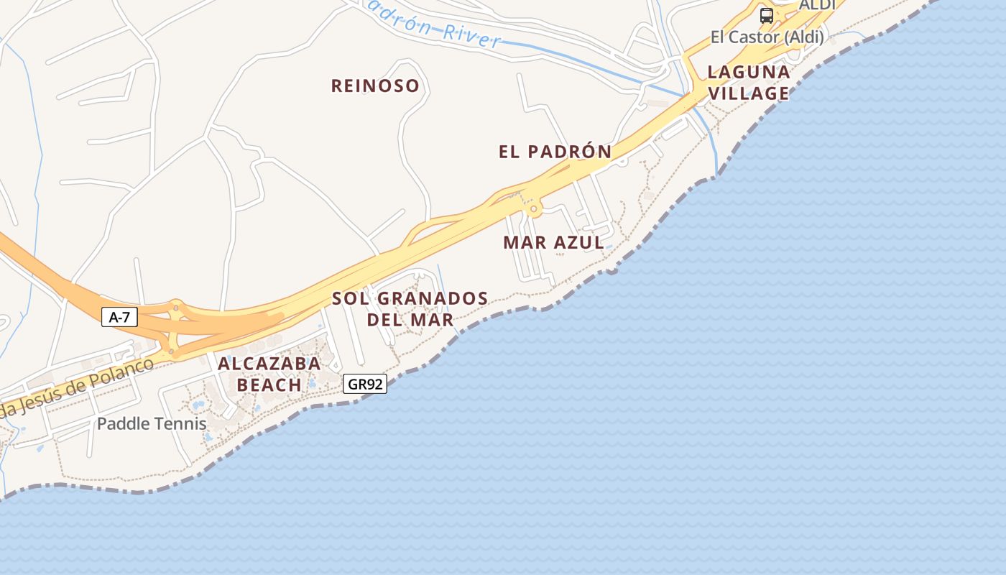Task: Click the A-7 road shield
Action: pos(119,317)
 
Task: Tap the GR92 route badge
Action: pos(365,385)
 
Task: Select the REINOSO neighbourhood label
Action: pos(375,86)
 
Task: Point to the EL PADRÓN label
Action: pos(555,152)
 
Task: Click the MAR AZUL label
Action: pos(554,242)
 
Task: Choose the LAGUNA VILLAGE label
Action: pos(749,83)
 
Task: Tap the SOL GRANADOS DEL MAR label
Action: pos(410,308)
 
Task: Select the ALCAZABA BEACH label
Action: pos(269,374)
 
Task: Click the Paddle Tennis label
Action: pos(152,424)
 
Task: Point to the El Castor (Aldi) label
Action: pos(767,37)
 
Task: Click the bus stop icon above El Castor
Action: pos(767,15)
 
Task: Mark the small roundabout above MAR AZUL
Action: pos(534,209)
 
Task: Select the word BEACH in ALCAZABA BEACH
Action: pos(269,385)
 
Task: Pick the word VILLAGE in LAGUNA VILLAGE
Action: pos(749,93)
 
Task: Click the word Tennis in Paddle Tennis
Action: pos(183,424)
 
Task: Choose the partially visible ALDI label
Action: pos(817,5)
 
